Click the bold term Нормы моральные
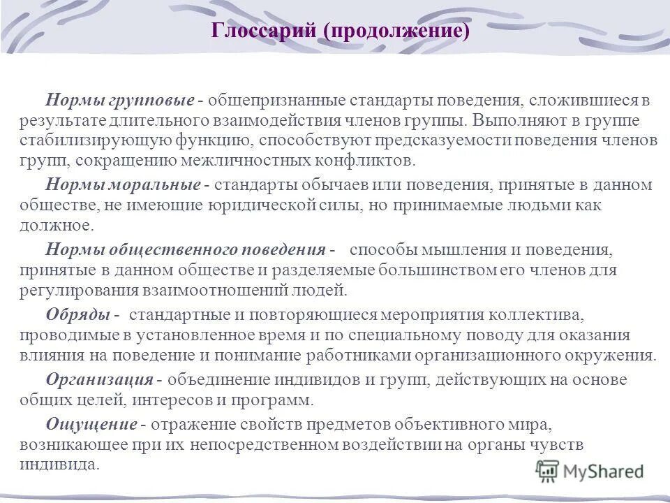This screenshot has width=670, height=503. pyautogui.click(x=123, y=185)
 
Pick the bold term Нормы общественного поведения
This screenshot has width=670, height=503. pyautogui.click(x=186, y=249)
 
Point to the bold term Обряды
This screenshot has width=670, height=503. pyautogui.click(x=77, y=314)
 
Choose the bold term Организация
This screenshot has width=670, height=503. pyautogui.click(x=100, y=379)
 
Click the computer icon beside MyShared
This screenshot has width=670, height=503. pyautogui.click(x=549, y=472)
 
